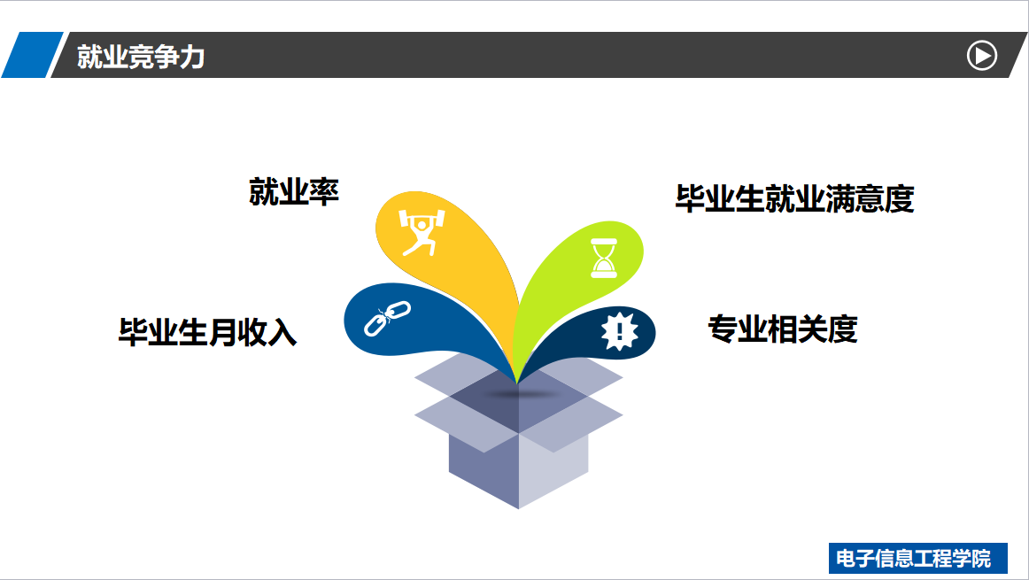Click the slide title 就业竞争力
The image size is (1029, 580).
(141, 57)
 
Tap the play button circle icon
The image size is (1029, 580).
(982, 56)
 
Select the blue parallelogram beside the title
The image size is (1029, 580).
(32, 54)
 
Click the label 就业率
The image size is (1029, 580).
(294, 192)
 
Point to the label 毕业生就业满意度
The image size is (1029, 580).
(794, 199)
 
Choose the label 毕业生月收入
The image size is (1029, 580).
(207, 332)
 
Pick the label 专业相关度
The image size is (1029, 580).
(783, 329)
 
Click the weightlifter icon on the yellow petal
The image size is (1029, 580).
(422, 232)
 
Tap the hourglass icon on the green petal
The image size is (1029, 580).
(604, 258)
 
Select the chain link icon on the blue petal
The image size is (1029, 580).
(387, 319)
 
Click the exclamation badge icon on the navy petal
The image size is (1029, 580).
(620, 331)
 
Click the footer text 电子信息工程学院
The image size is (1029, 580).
(914, 559)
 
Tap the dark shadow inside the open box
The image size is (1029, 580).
(519, 394)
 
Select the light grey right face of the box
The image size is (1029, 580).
(553, 469)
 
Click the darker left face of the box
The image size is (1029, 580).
(484, 469)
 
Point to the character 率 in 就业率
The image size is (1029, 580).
(324, 192)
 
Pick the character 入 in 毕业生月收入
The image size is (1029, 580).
(282, 332)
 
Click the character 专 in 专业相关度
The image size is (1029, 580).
(723, 329)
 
